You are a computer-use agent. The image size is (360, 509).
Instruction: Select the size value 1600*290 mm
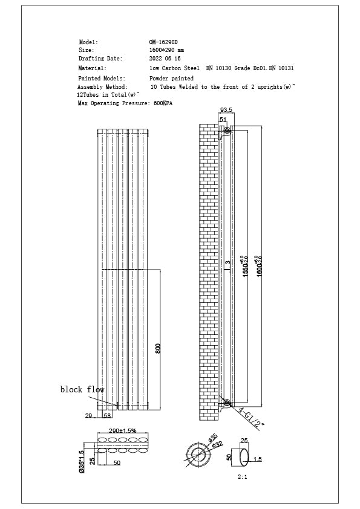166,50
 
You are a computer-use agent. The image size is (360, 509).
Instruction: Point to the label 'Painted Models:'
102,79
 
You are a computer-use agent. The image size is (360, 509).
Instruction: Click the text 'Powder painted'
172,79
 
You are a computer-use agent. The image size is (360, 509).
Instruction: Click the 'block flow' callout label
82,390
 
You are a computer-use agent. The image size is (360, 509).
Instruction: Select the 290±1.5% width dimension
122,430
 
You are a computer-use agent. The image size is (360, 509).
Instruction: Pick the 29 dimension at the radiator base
88,416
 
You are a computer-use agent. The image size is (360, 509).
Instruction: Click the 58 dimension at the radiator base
107,416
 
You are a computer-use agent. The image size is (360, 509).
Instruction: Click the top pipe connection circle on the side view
227,131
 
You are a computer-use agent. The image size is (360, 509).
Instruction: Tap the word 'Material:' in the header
93,68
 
